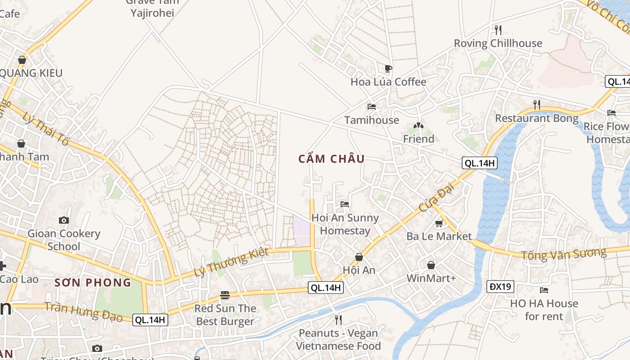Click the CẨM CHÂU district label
tap(331, 159)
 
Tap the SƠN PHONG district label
tap(93, 283)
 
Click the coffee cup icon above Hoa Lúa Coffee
tap(388, 68)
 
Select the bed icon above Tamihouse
tap(372, 107)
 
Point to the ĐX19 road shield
tap(500, 286)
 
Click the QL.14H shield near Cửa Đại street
tap(480, 163)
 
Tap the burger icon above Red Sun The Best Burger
tap(225, 295)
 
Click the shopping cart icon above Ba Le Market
tap(439, 223)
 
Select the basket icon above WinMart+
tap(431, 265)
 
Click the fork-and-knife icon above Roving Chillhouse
tap(498, 30)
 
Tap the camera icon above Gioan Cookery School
tap(64, 220)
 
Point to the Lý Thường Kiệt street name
tap(231, 262)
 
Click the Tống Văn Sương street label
tap(563, 254)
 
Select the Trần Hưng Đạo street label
tap(84, 312)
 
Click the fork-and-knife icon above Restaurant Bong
tap(536, 105)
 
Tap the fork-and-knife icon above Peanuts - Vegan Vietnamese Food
tap(338, 320)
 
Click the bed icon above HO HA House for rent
tap(544, 290)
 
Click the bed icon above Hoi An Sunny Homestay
tap(345, 204)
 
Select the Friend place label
tap(418, 139)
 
